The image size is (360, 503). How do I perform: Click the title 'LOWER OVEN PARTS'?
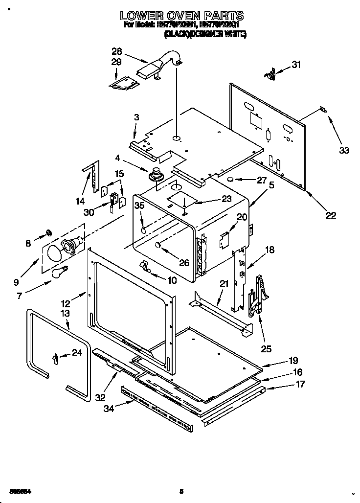coord(182,16)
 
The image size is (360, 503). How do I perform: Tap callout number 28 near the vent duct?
coord(117,51)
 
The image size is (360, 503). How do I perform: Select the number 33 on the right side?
coord(344,150)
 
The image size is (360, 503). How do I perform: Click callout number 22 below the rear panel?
coord(331,214)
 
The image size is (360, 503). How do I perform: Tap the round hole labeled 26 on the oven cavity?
coord(158,245)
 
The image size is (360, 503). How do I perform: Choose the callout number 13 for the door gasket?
coord(65,313)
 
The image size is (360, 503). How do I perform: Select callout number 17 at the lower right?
coord(300,385)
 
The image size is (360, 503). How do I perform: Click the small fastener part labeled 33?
coord(321,110)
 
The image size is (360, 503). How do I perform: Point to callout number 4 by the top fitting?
coord(117,158)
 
